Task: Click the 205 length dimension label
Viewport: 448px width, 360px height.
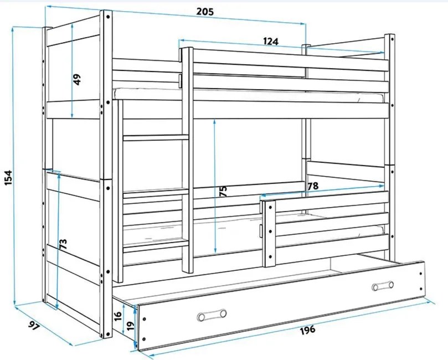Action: click(x=205, y=12)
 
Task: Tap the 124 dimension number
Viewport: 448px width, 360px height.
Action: click(x=271, y=42)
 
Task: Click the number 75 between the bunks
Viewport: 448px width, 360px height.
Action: click(x=223, y=191)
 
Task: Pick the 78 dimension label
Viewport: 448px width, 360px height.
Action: click(x=312, y=186)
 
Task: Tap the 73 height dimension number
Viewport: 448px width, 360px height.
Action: click(x=64, y=244)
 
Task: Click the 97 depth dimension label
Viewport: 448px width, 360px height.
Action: click(x=33, y=326)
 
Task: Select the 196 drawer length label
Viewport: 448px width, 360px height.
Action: click(x=307, y=330)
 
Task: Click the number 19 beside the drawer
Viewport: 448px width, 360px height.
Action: click(x=130, y=326)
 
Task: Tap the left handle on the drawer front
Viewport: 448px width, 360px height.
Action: click(x=212, y=315)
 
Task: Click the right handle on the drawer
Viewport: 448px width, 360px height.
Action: click(x=383, y=286)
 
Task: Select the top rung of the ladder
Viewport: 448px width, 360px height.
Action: click(x=156, y=137)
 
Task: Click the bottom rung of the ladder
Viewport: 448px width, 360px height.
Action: click(x=156, y=246)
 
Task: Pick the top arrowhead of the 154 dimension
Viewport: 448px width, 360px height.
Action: click(x=13, y=29)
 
